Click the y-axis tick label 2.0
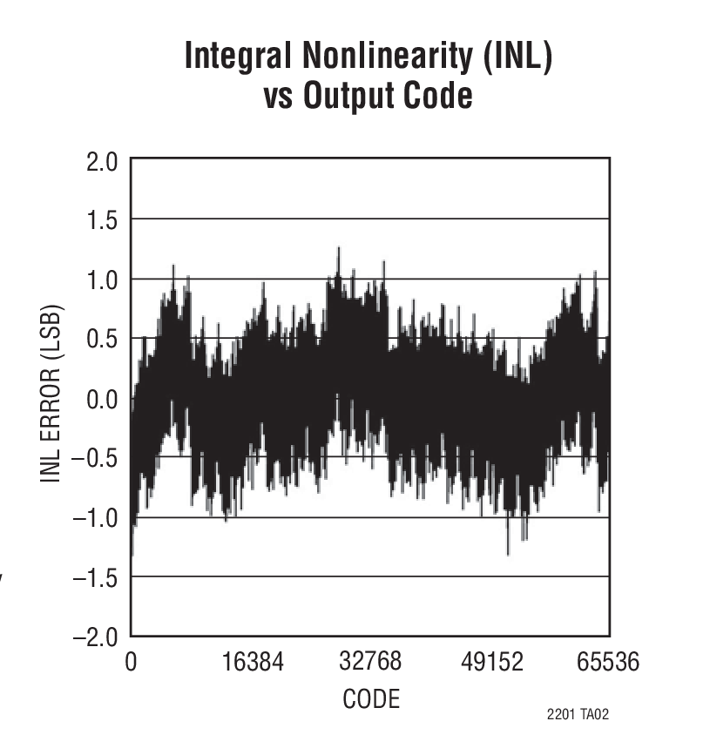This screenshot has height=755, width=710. point(101,161)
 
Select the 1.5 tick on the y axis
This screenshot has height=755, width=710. point(101,219)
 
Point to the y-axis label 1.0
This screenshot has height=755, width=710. point(101,279)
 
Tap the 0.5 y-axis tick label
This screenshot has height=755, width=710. point(101,339)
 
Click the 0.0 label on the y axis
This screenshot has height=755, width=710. point(101,400)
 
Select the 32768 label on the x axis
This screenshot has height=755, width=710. point(370,661)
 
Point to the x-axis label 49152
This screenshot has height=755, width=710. point(492,663)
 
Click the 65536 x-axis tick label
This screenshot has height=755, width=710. point(608,663)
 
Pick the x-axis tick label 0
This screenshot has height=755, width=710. point(131,663)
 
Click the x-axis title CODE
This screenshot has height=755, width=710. point(372,698)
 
